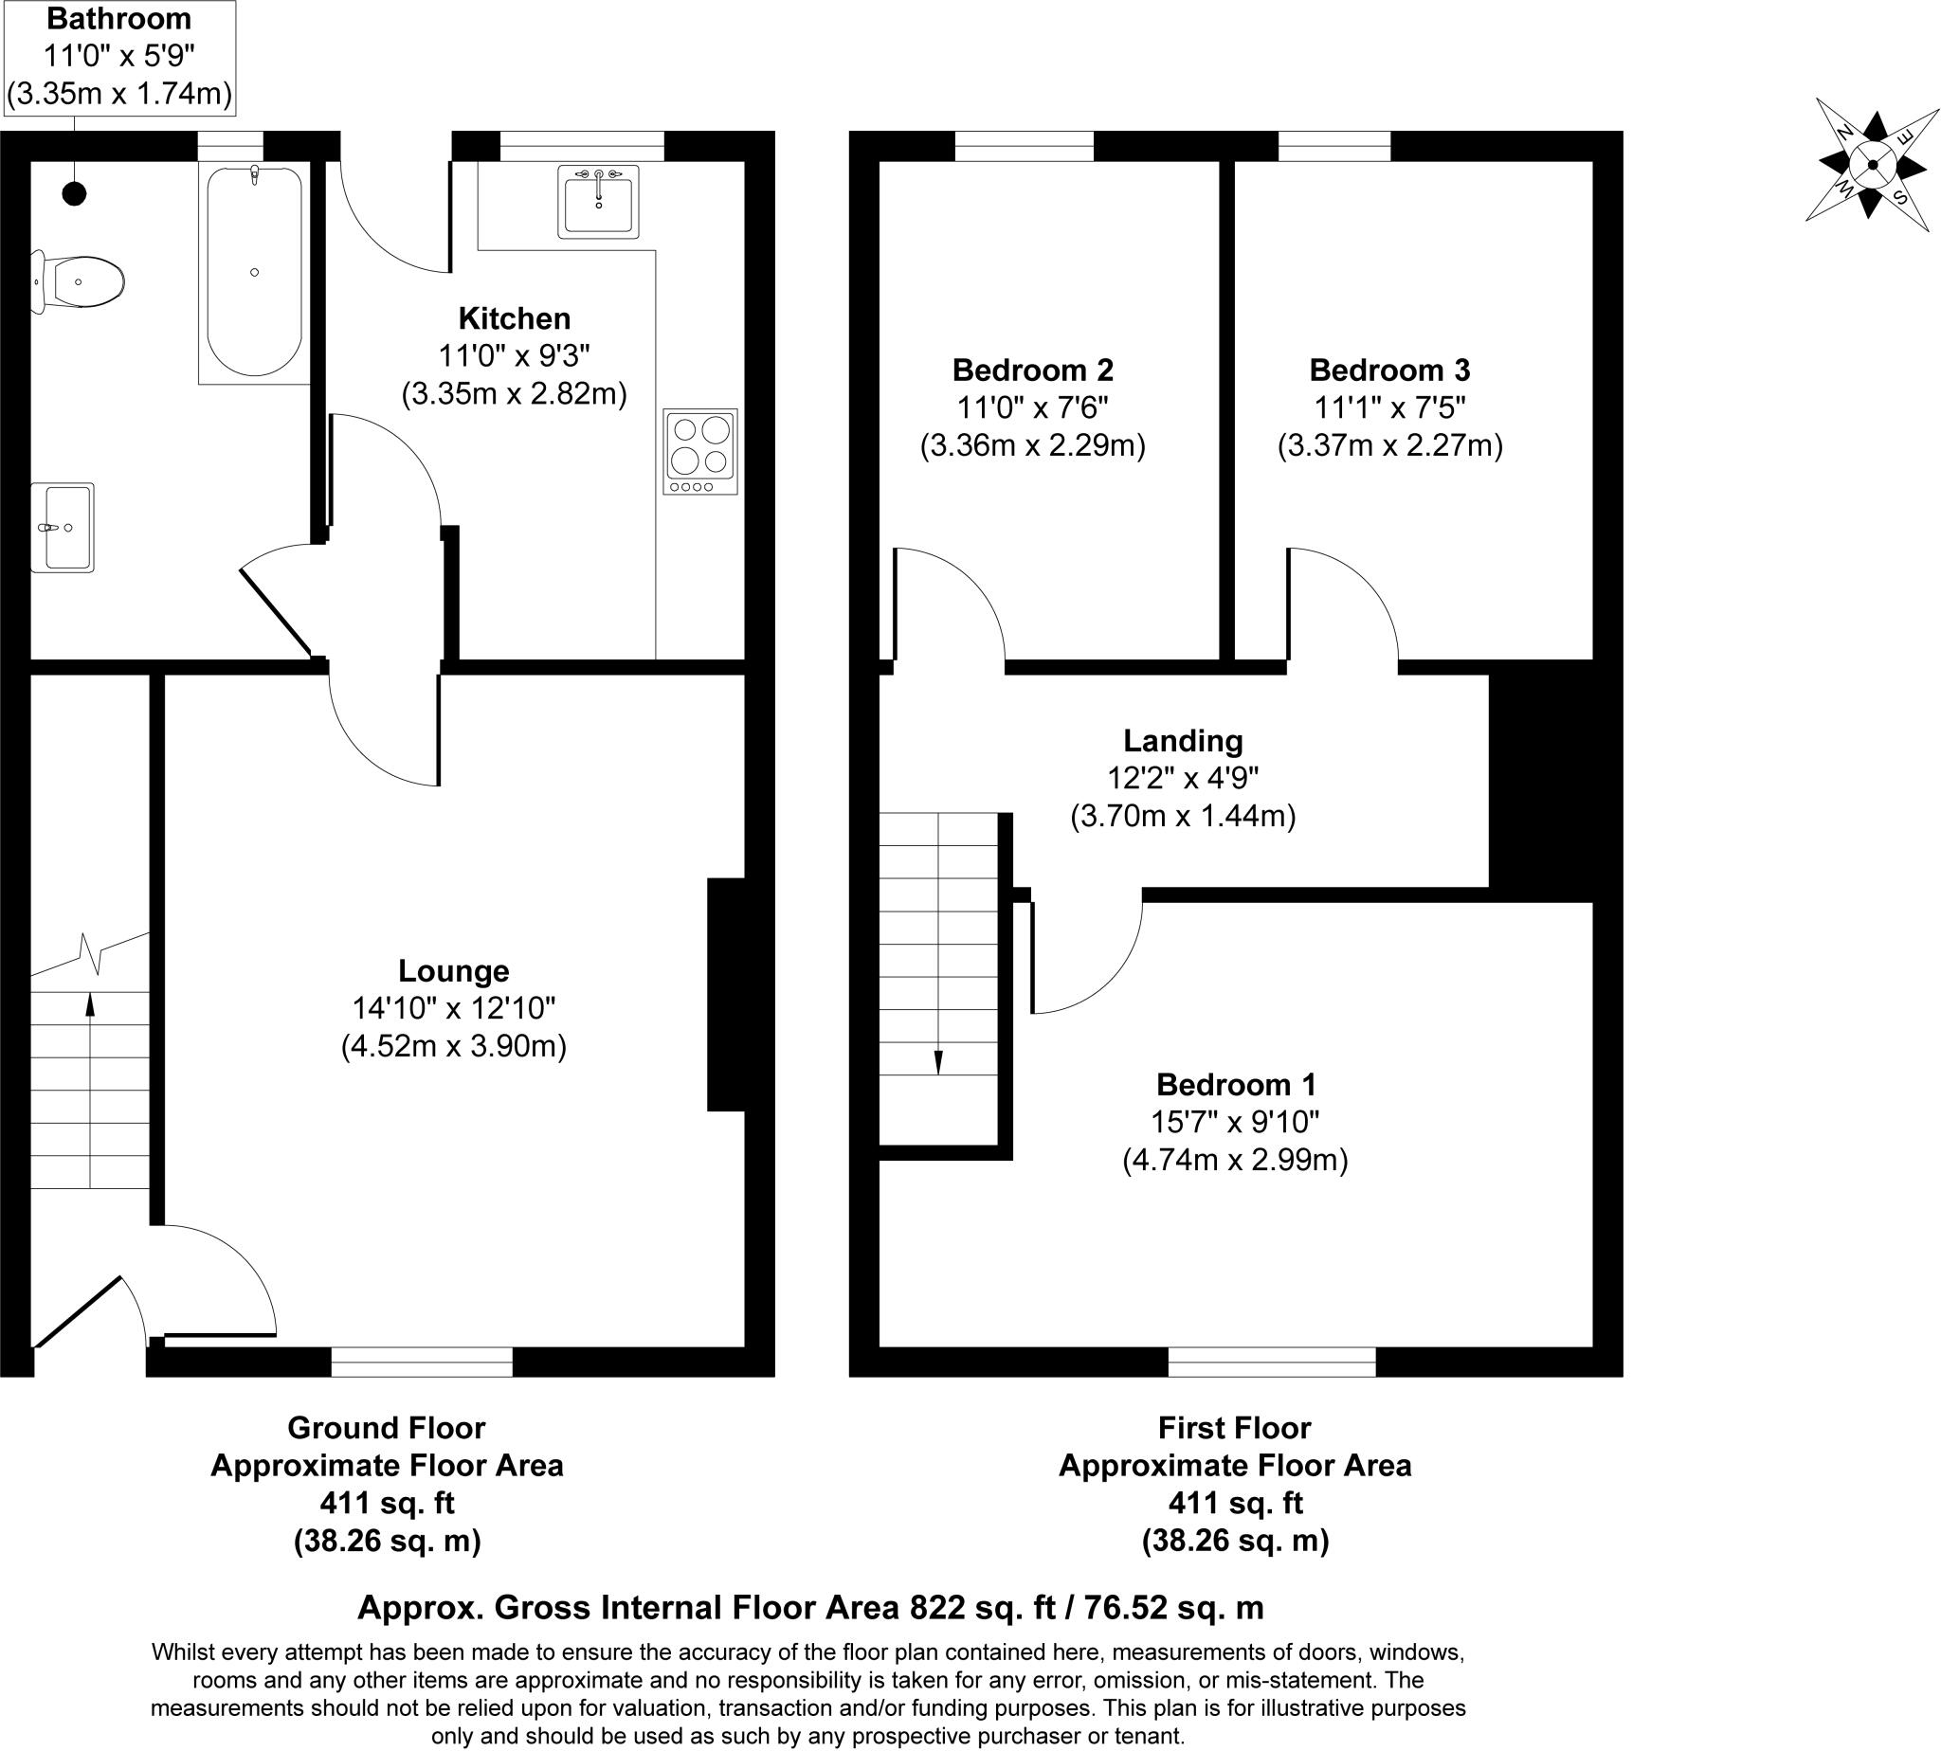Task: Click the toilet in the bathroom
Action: pyautogui.click(x=78, y=282)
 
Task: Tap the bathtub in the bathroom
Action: pyautogui.click(x=254, y=272)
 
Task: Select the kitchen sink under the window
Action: pyautogui.click(x=598, y=201)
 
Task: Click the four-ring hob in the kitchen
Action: pyautogui.click(x=699, y=451)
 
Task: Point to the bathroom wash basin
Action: pyautogui.click(x=63, y=527)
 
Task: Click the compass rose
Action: pyautogui.click(x=1872, y=165)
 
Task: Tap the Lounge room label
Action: pyautogui.click(x=453, y=971)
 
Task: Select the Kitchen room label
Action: pyautogui.click(x=514, y=318)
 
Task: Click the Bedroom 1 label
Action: pyautogui.click(x=1236, y=1084)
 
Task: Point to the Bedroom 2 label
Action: pyautogui.click(x=1032, y=370)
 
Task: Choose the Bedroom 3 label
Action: pyautogui.click(x=1389, y=370)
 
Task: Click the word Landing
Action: pyautogui.click(x=1183, y=740)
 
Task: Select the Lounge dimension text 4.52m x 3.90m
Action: pyautogui.click(x=453, y=1046)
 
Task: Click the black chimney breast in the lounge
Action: pyautogui.click(x=727, y=994)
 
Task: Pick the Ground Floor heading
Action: pyautogui.click(x=386, y=1427)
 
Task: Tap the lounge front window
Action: pyautogui.click(x=422, y=1362)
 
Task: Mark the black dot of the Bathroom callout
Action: pyautogui.click(x=74, y=193)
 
